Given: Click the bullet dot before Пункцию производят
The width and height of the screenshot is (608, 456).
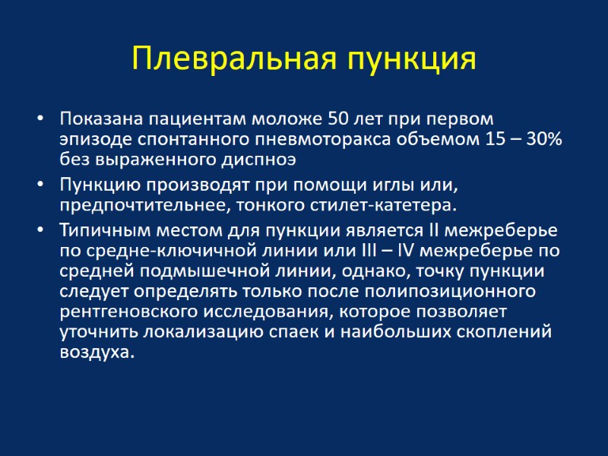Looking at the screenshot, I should pos(40,185).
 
